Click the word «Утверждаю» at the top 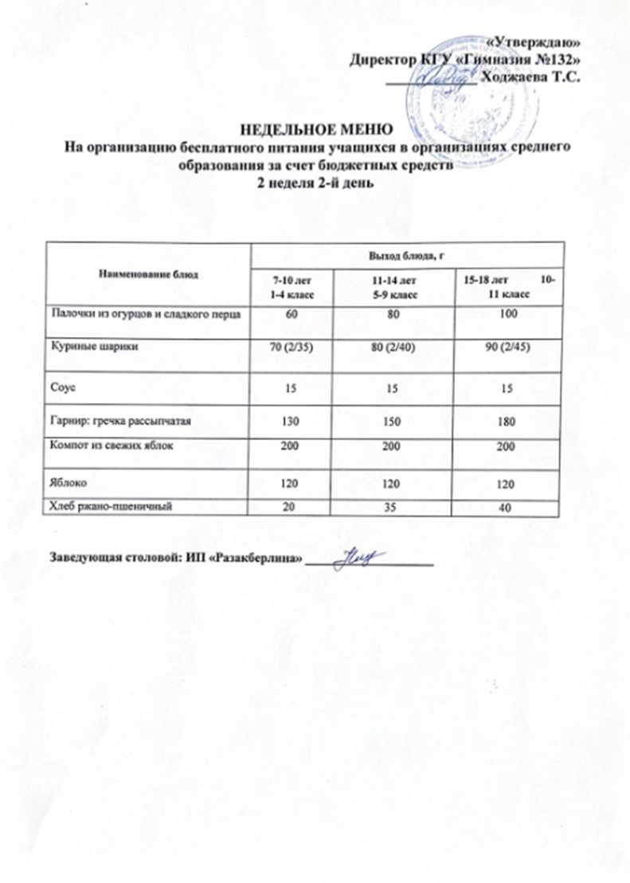pyautogui.click(x=533, y=43)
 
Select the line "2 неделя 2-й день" pyautogui.click(x=315, y=182)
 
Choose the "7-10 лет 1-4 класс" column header pyautogui.click(x=292, y=288)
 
